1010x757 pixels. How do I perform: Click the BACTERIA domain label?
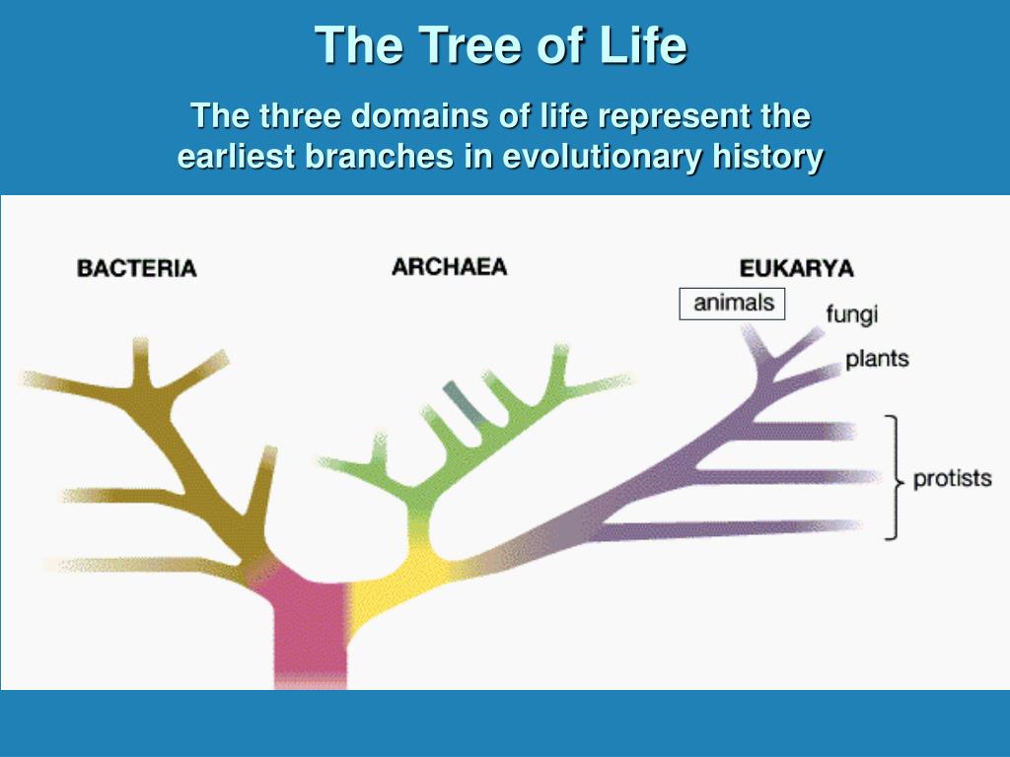pos(136,268)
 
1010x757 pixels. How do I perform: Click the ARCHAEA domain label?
pos(450,267)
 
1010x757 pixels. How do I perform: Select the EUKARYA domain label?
pos(797,268)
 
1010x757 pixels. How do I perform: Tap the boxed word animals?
pos(733,304)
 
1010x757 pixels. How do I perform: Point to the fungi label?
pos(851,314)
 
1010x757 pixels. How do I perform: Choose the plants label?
pos(877,359)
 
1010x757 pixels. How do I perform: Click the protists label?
pos(953,478)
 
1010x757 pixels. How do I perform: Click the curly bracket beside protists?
pos(894,477)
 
